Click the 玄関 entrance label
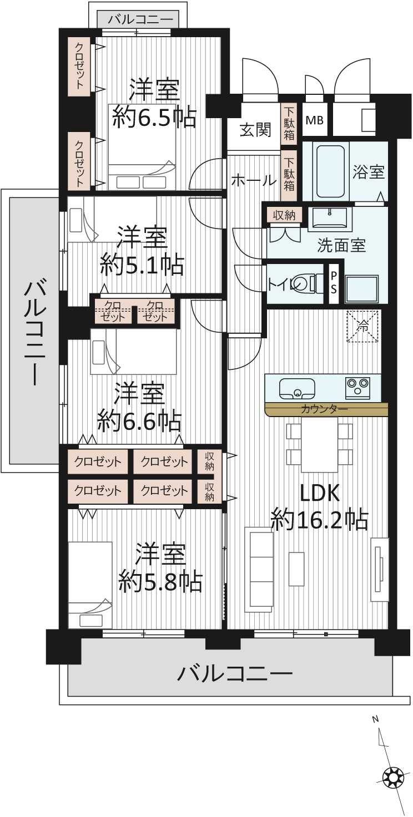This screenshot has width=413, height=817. pyautogui.click(x=255, y=129)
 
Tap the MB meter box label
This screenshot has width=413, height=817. pyautogui.click(x=314, y=120)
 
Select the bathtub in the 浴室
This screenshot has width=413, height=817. pyautogui.click(x=330, y=171)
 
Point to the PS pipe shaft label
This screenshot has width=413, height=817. pyautogui.click(x=334, y=283)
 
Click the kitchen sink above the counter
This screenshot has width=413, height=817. pyautogui.click(x=297, y=388)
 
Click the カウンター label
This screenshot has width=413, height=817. pyautogui.click(x=324, y=409)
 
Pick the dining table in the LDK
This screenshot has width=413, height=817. pyautogui.click(x=320, y=445)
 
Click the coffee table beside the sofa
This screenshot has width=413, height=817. pyautogui.click(x=296, y=569)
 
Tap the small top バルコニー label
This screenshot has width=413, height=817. pyautogui.click(x=140, y=19)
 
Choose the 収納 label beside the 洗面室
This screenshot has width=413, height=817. pyautogui.click(x=284, y=215)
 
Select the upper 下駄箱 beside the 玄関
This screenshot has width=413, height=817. pyautogui.click(x=289, y=123)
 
